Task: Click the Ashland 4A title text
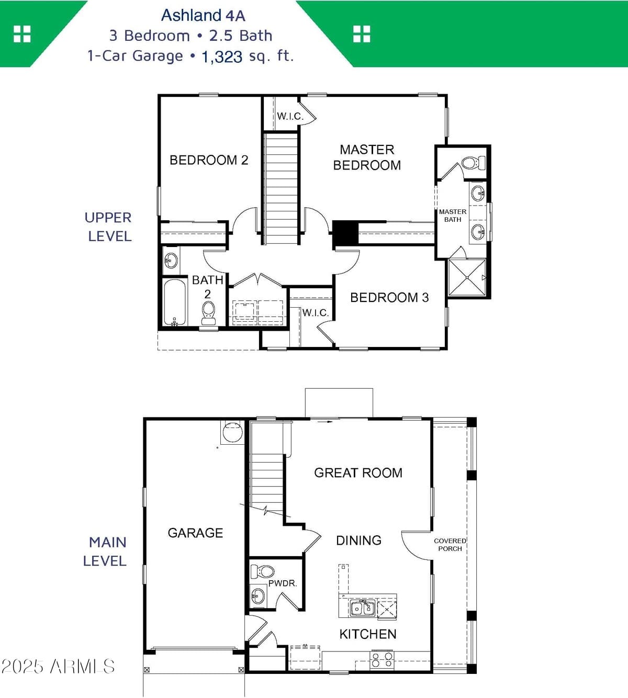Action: tap(203, 16)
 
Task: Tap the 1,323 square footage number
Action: tap(222, 57)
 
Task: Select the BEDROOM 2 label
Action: tap(209, 160)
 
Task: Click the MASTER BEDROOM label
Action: tap(367, 157)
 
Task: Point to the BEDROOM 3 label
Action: tap(389, 298)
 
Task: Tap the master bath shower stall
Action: tap(467, 277)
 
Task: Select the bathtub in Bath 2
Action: tap(174, 303)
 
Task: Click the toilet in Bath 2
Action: tap(208, 311)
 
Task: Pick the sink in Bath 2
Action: tap(171, 259)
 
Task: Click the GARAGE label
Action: tap(195, 533)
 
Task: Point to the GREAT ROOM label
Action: tap(358, 473)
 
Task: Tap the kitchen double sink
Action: tap(362, 608)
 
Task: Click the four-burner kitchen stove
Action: tap(382, 659)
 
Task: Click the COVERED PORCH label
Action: tap(450, 545)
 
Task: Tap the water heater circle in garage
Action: tap(232, 432)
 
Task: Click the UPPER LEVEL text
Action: tap(109, 227)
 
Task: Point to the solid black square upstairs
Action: tap(345, 233)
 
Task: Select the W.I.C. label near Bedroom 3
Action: tap(315, 313)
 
